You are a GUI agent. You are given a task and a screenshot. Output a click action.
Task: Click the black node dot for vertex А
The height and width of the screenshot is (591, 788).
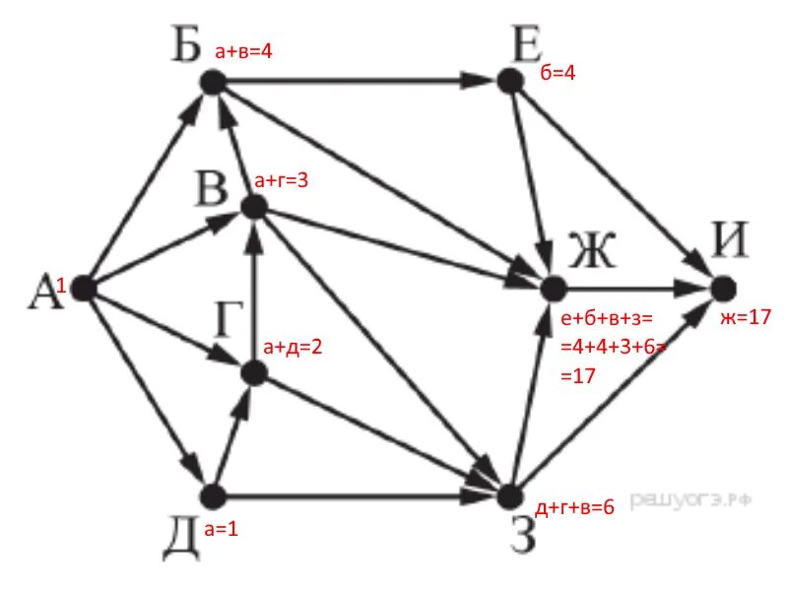point(82,289)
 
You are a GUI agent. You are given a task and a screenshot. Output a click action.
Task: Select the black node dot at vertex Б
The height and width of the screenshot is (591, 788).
point(210,84)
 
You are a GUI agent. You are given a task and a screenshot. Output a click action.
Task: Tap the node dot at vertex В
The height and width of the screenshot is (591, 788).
point(254,207)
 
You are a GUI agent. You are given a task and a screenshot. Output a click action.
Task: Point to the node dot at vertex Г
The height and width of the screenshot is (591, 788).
point(254,372)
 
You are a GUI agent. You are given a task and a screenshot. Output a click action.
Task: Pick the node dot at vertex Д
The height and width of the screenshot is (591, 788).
point(210,494)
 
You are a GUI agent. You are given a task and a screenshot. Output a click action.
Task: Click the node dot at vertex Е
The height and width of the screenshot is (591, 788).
point(509,81)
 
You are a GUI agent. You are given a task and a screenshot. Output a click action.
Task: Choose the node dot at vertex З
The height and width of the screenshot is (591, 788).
point(509,494)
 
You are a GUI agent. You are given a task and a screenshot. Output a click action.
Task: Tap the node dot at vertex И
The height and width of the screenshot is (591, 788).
point(723,288)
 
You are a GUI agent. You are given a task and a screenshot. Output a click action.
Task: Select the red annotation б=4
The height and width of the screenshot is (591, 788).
point(558,74)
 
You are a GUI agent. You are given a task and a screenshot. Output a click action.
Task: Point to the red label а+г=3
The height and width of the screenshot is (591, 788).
point(282,180)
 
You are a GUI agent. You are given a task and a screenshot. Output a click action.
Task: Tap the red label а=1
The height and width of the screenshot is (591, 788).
point(222,530)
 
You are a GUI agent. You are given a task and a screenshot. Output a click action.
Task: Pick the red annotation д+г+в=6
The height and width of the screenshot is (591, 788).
point(574,508)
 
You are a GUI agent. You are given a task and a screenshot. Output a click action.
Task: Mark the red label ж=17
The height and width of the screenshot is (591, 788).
point(744,317)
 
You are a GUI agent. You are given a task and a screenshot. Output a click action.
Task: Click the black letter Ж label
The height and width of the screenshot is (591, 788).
point(591,254)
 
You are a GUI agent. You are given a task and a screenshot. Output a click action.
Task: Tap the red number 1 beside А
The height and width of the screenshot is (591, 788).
point(61,286)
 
